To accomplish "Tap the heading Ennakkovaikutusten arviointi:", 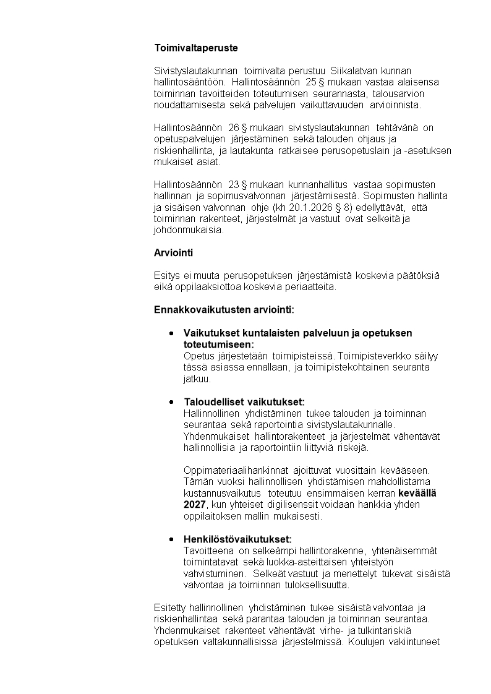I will pyautogui.click(x=224, y=309).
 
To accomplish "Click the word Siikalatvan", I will pyautogui.click(x=355, y=71).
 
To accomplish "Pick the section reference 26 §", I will pyautogui.click(x=237, y=127).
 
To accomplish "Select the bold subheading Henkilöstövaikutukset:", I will pyautogui.click(x=237, y=539).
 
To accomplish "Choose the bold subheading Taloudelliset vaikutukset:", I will pyautogui.click(x=244, y=402).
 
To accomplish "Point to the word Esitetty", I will pyautogui.click(x=169, y=608).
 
